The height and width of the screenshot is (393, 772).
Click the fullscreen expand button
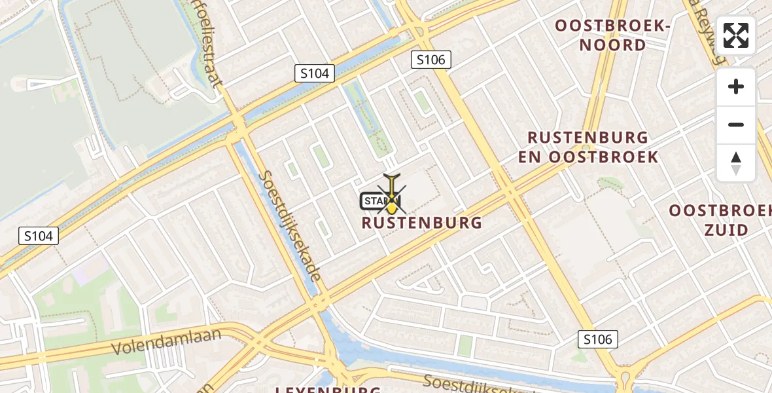tap(736, 35)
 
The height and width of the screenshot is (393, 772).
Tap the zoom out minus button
tap(736, 124)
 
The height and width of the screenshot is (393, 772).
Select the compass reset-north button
tap(736, 163)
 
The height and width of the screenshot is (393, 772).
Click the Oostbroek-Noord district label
tap(613, 35)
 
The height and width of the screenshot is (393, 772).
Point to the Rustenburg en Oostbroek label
tap(588, 147)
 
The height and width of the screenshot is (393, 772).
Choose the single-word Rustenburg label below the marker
tap(422, 223)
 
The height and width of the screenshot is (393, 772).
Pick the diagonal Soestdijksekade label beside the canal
tap(290, 226)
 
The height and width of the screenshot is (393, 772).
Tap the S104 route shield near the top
tap(314, 73)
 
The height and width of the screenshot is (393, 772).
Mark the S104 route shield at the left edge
tap(38, 236)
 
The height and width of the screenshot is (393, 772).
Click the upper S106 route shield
tap(430, 60)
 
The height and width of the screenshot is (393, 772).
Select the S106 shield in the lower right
tap(598, 339)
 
